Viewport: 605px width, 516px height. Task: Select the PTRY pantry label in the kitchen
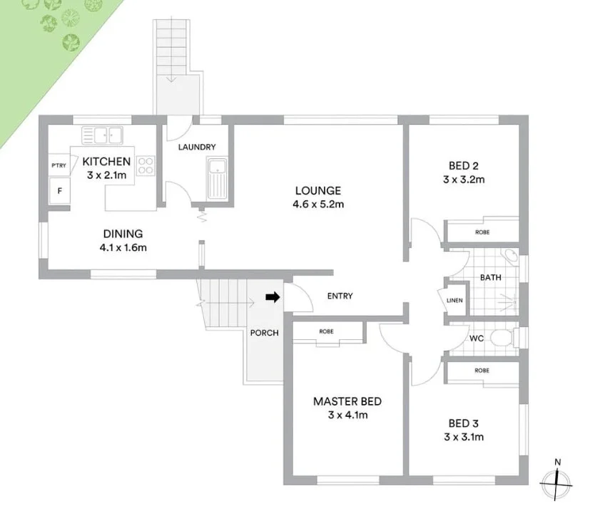tap(59, 165)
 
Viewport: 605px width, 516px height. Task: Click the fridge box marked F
tap(59, 191)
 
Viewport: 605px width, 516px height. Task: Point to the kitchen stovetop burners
tap(146, 165)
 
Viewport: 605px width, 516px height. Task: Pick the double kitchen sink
tap(103, 134)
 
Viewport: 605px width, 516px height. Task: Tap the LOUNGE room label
tap(318, 190)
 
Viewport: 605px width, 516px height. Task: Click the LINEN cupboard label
tap(454, 300)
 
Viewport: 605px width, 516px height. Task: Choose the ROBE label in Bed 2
tap(482, 232)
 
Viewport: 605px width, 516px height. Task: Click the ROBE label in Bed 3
tap(482, 371)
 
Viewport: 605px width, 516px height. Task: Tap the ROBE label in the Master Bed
tap(327, 331)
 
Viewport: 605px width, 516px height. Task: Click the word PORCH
tap(265, 333)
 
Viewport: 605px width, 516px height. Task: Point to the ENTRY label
tap(340, 296)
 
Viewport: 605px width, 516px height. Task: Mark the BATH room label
tap(489, 277)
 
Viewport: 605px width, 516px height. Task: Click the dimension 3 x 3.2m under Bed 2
tap(463, 180)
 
